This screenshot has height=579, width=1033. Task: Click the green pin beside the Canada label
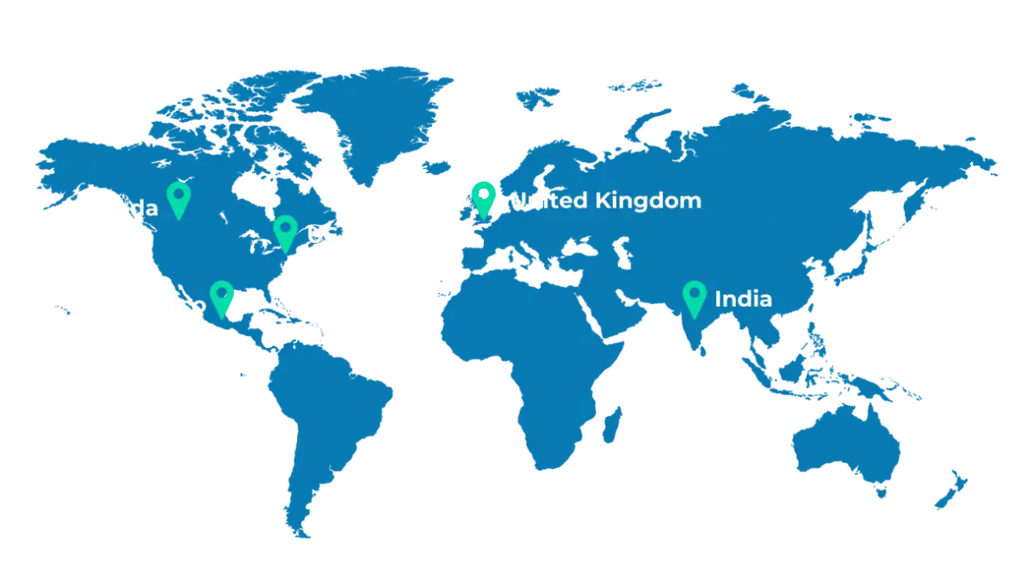point(178,197)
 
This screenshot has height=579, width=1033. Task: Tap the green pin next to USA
point(285,231)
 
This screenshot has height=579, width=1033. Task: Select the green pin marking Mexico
point(222,297)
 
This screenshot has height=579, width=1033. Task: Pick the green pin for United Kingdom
point(483,196)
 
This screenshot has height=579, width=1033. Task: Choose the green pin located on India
point(695,297)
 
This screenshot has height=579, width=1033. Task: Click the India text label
point(743,300)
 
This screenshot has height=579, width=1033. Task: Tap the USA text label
point(331,235)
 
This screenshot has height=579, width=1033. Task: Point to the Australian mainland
point(848,448)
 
